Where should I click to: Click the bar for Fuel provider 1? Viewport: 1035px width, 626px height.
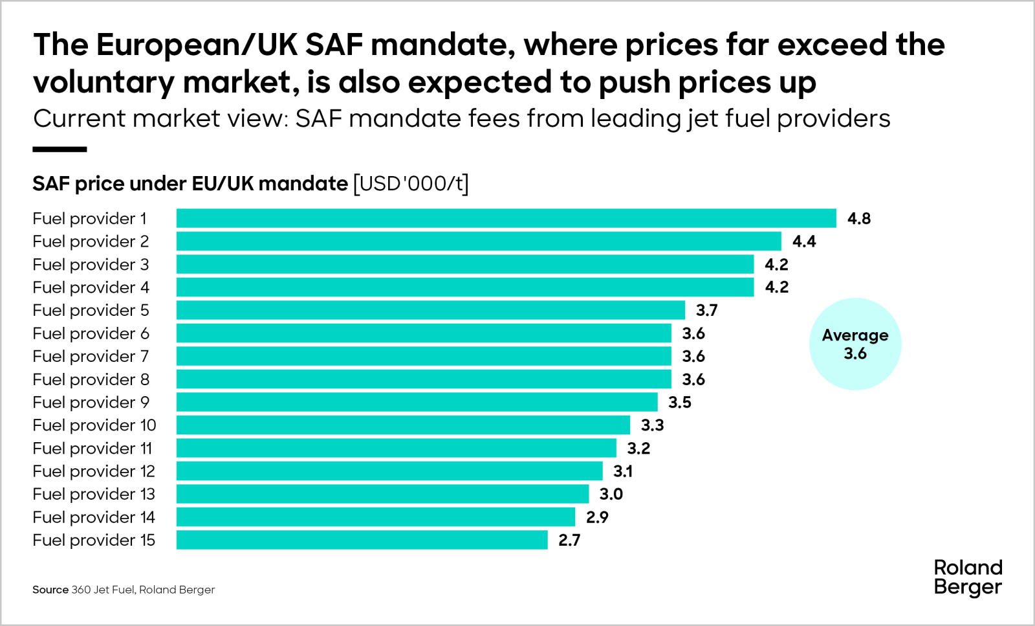pos(506,218)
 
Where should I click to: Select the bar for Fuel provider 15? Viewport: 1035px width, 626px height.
pos(362,540)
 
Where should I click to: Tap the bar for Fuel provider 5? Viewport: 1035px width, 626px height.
pos(430,310)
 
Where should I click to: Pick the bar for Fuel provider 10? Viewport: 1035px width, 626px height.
pos(403,425)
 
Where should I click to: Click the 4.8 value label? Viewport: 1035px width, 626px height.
pos(859,219)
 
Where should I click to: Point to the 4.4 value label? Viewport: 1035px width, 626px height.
pos(804,241)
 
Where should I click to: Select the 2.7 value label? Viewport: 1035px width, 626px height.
pos(569,540)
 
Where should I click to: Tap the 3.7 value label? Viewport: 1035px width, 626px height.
pos(706,310)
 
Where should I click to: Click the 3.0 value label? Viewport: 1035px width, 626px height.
pos(611,494)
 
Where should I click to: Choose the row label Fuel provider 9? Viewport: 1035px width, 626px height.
pos(91,402)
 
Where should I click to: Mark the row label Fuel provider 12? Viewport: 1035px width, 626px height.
pos(94,471)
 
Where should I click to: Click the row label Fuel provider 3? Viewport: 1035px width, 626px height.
pos(91,264)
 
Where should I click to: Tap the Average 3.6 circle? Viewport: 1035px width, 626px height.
pos(855,344)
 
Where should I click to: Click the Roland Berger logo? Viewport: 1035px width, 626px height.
pos(968,577)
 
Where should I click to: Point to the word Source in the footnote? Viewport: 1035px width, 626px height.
pos(50,590)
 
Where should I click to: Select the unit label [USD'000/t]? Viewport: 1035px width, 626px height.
pos(411,184)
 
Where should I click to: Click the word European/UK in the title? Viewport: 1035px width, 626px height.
pos(197,45)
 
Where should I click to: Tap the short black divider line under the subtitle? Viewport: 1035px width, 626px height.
pos(60,150)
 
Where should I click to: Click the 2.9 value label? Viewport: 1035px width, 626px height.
pos(597,517)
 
